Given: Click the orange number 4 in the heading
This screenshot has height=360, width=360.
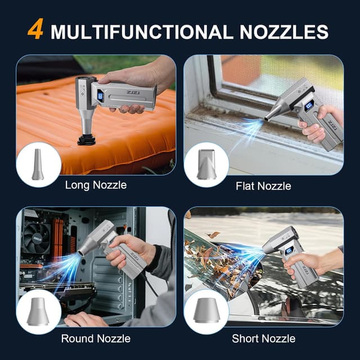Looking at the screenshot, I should [x=35, y=30].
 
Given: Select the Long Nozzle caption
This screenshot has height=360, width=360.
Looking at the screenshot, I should [x=96, y=184].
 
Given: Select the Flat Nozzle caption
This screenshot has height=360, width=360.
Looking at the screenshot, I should [x=263, y=185].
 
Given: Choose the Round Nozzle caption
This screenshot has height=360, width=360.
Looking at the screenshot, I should [x=96, y=339].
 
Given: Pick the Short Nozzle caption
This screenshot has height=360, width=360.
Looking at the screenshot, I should [x=263, y=339].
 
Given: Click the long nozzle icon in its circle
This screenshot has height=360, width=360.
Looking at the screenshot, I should [x=38, y=164].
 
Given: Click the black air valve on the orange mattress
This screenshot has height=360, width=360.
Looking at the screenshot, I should [x=87, y=138].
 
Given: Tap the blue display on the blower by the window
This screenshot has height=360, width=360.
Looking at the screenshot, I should [x=309, y=106].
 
